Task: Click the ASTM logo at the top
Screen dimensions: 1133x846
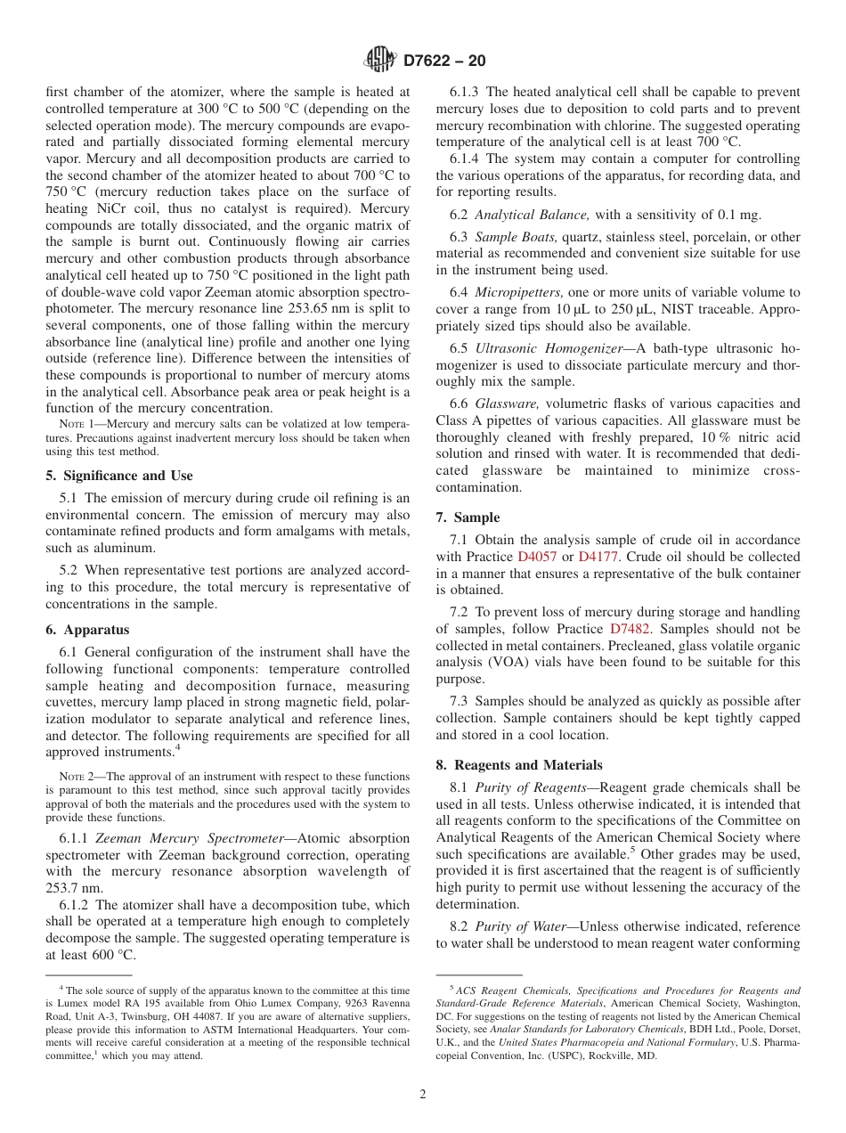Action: point(380,61)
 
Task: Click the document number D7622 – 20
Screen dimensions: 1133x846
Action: point(444,61)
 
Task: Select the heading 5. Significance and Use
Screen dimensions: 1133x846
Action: point(118,476)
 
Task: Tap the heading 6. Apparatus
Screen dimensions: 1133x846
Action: point(87,630)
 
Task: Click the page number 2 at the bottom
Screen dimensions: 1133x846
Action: point(423,1095)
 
